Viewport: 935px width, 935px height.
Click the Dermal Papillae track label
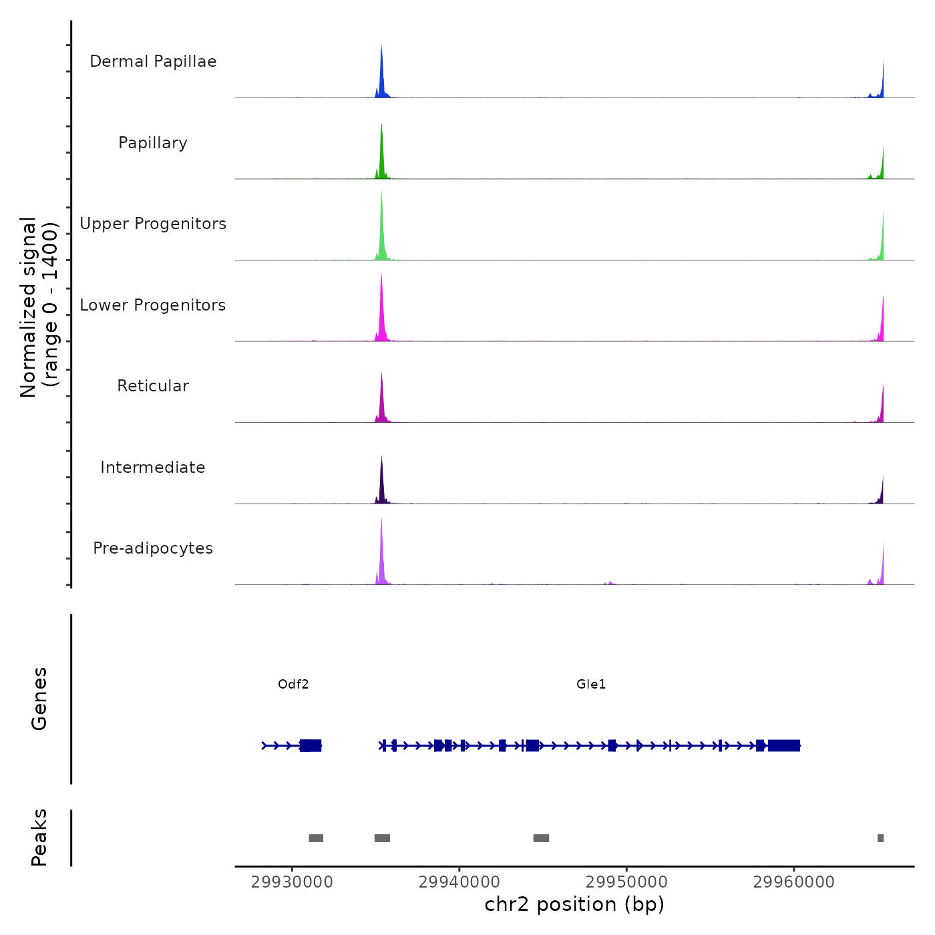[x=153, y=61]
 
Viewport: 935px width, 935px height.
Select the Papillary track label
[x=153, y=143]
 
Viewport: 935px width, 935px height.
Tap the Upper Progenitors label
[x=153, y=224]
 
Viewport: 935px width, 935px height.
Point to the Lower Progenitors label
[x=153, y=305]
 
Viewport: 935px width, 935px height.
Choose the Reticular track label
[x=153, y=386]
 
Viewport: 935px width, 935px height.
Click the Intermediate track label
[x=153, y=467]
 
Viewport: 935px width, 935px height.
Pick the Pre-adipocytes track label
[x=153, y=548]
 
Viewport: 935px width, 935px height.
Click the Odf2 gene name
[x=293, y=684]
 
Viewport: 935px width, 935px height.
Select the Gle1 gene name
[x=591, y=684]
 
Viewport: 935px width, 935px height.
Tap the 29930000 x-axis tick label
[x=292, y=882]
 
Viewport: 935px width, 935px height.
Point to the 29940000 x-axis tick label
[x=459, y=882]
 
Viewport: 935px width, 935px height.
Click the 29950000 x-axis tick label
[x=626, y=882]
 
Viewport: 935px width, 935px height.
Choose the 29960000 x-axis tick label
[x=794, y=882]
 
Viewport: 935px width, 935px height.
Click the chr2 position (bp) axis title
[x=574, y=904]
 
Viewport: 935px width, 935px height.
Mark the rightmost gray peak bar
[x=880, y=838]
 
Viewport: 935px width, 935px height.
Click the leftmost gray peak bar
[x=316, y=838]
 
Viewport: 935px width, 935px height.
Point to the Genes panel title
[x=39, y=699]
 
